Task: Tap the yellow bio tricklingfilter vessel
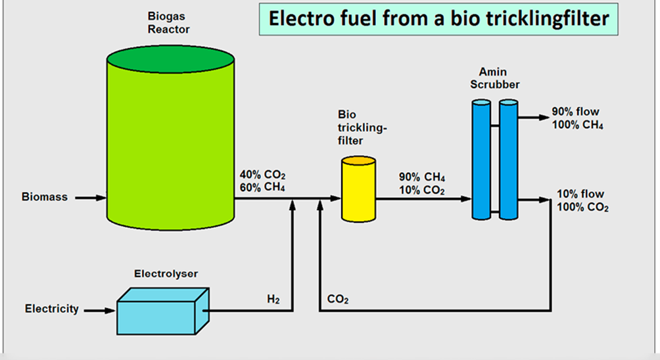point(358,191)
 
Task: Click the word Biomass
point(44,197)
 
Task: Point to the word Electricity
point(52,308)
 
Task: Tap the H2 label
point(273,300)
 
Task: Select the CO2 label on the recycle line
point(338,300)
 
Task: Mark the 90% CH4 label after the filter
point(422,178)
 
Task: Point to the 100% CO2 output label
point(582,208)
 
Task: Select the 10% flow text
point(580,194)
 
